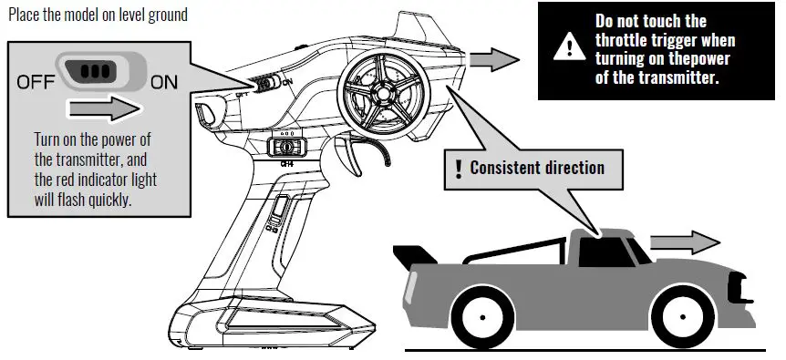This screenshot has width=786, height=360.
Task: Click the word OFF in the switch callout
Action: [x=35, y=82]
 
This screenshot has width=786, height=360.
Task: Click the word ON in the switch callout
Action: [x=164, y=82]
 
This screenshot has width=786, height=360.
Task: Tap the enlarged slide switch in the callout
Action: [x=98, y=71]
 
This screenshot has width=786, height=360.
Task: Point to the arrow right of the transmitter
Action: [x=498, y=60]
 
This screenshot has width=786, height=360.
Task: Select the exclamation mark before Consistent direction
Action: [x=458, y=168]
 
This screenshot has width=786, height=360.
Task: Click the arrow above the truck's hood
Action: [x=698, y=242]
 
